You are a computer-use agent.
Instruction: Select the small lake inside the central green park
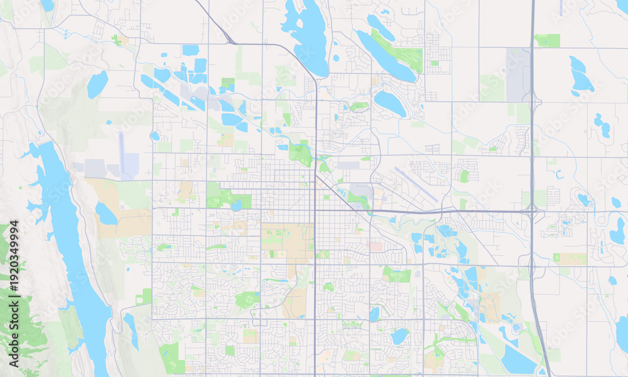click(x=236, y=205)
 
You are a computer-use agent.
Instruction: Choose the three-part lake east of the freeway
click(x=602, y=126)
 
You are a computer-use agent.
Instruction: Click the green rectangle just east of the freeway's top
click(x=547, y=41)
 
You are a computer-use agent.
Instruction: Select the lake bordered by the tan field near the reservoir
click(x=106, y=214)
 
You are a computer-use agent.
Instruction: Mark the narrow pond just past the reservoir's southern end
click(x=131, y=330)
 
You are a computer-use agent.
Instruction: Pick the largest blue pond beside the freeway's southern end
click(x=517, y=360)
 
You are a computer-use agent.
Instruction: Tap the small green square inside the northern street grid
click(x=434, y=63)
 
